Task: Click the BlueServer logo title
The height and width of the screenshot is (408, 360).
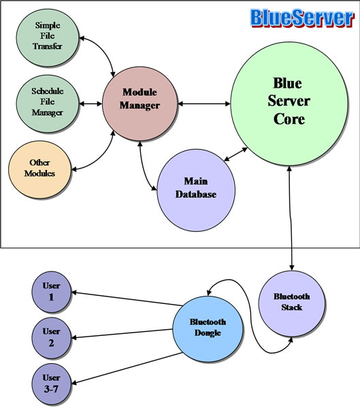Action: pos(302,18)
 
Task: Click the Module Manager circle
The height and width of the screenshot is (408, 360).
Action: pos(140,103)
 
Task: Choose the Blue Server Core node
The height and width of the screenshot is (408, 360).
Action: pos(289,104)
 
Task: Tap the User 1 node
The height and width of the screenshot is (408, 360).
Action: pos(51,292)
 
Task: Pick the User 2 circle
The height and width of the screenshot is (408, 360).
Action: pos(51,337)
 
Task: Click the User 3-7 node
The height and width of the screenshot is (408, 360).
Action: pos(51,384)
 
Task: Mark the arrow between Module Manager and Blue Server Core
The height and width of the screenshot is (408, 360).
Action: pos(204,104)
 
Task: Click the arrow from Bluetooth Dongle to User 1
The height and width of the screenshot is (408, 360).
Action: pos(127,299)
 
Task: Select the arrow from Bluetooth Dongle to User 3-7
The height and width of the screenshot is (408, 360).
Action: pos(127,368)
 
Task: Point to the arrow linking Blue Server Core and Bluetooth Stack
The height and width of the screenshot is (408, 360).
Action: pos(291,218)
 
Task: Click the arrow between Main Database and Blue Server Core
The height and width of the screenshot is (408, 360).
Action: pos(235,154)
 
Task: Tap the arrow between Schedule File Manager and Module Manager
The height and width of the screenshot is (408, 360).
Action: pos(91,103)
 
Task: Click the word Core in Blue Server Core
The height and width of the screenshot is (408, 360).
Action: pos(289,119)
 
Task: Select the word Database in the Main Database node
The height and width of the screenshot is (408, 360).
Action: pos(196,194)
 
